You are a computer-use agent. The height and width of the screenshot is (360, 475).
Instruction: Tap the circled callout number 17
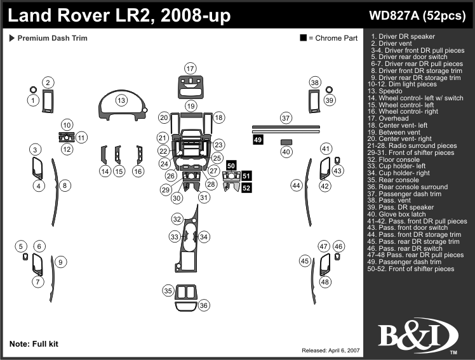point(190,69)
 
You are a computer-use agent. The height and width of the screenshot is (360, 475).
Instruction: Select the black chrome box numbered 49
point(258,139)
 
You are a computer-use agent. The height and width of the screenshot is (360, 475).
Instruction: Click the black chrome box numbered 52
point(246,187)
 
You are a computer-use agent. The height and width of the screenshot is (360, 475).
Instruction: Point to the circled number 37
point(286,118)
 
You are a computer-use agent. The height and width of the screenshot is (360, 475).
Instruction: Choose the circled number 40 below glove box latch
point(286,152)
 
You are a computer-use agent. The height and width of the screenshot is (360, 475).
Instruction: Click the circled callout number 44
point(296,185)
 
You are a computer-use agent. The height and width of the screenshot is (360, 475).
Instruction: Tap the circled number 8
point(65,185)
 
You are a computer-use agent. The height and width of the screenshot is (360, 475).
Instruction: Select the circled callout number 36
point(203,305)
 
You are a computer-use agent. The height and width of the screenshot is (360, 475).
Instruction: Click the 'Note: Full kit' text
point(34,343)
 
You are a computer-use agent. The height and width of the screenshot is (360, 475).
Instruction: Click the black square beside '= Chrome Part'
point(304,39)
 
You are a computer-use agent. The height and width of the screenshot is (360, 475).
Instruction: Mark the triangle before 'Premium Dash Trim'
point(12,38)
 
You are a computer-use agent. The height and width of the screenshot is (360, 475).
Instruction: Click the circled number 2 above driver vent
point(48,82)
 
